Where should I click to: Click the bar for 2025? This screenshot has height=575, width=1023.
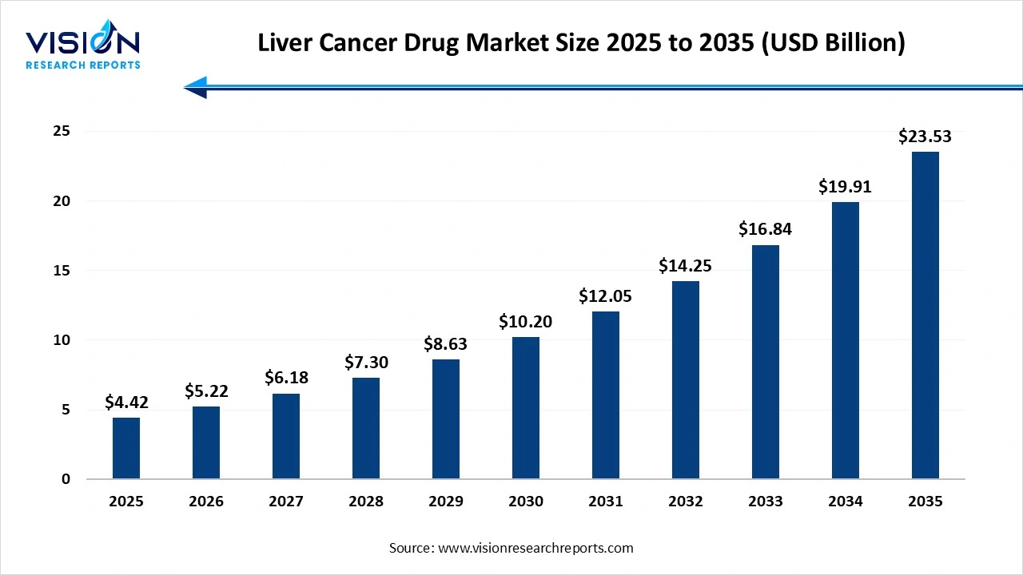click(x=126, y=448)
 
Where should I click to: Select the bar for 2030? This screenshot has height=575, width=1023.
click(x=526, y=408)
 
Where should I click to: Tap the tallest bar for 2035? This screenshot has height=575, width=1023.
click(x=925, y=315)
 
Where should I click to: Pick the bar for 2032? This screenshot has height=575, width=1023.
click(x=686, y=380)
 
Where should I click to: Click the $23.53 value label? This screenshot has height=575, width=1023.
click(x=925, y=137)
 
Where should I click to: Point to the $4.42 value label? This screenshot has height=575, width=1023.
click(x=126, y=402)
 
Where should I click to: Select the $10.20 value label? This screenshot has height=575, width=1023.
click(x=526, y=322)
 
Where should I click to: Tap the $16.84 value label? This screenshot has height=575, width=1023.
click(x=766, y=230)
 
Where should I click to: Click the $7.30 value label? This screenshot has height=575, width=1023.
click(x=366, y=363)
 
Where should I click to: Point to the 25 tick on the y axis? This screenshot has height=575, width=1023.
click(x=61, y=131)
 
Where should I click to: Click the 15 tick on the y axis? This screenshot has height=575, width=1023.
click(x=61, y=271)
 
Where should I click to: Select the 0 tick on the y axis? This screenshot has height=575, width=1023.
click(x=66, y=479)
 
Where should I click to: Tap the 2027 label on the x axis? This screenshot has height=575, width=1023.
click(x=286, y=502)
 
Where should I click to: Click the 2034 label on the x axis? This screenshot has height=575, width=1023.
click(x=846, y=502)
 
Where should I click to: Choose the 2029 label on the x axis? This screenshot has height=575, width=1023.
click(x=446, y=502)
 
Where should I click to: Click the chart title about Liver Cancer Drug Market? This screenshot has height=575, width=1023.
click(x=581, y=43)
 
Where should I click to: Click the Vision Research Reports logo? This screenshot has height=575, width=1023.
click(x=82, y=49)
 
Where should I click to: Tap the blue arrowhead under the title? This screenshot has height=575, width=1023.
click(x=197, y=87)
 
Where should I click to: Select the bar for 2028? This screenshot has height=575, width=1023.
click(x=366, y=428)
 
